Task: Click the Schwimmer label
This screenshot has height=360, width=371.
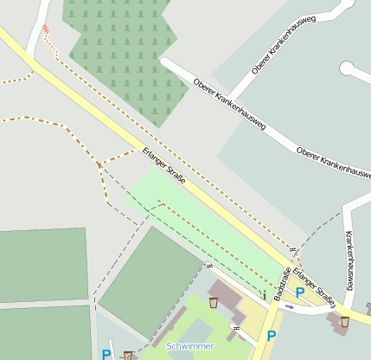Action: click(190, 345)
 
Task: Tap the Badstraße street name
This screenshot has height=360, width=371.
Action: click(282, 285)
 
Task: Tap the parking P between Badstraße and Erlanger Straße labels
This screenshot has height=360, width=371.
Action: click(299, 292)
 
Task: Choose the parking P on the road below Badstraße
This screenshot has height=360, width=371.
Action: click(271, 336)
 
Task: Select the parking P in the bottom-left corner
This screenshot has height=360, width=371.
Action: click(106, 353)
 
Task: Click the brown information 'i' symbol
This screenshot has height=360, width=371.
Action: click(264, 295)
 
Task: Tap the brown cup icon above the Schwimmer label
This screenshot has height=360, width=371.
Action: click(214, 302)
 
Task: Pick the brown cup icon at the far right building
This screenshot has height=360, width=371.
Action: click(344, 321)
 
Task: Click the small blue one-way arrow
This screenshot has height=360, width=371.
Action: click(290, 305)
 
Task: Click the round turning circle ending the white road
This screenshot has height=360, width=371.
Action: click(349, 67)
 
